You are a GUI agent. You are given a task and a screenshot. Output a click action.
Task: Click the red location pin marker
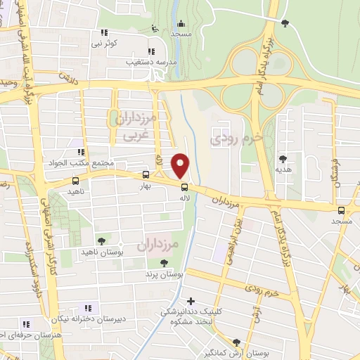(x=181, y=165)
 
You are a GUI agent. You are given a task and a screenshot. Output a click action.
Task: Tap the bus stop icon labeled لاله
(x=184, y=187)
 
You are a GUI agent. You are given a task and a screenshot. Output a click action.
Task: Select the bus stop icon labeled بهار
(x=146, y=174)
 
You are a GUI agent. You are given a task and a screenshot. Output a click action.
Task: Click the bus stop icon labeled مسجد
(x=342, y=210)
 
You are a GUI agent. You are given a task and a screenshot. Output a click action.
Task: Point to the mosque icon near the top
(x=181, y=22)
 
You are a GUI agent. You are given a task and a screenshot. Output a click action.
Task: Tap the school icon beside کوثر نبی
(x=104, y=32)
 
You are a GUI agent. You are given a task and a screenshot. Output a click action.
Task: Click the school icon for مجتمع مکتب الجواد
(x=82, y=150)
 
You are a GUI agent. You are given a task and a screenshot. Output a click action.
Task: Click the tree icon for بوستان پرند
(x=164, y=263)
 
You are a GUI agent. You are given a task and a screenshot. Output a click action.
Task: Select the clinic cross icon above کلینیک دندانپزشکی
(x=190, y=300)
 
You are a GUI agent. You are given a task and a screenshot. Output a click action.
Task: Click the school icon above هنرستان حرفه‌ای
(x=26, y=324)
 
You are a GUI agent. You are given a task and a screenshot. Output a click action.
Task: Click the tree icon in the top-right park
(x=285, y=24)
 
